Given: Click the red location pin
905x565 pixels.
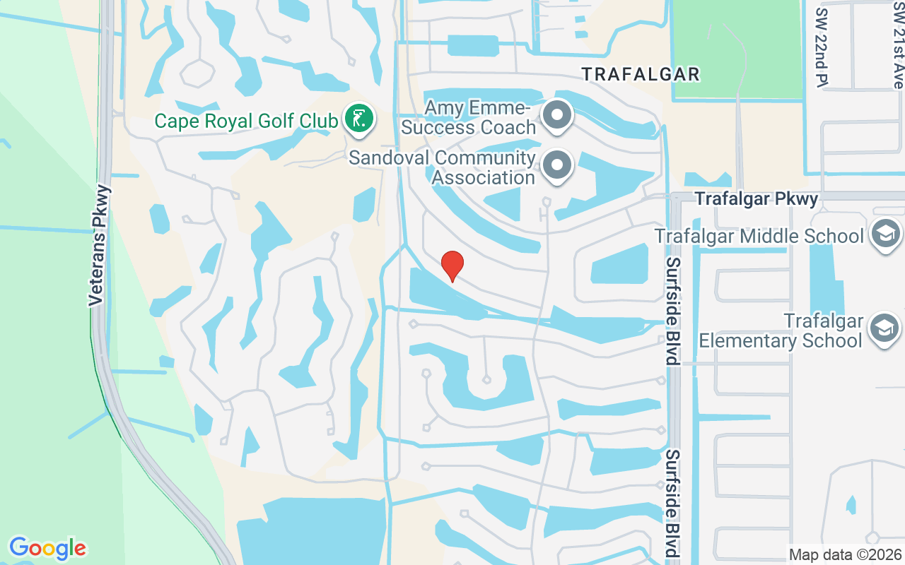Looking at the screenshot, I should [452, 265].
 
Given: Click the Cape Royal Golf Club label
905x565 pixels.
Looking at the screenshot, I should [246, 121].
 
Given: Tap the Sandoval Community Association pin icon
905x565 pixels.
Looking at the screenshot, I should [557, 166].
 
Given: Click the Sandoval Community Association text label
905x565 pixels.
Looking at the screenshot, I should [442, 167].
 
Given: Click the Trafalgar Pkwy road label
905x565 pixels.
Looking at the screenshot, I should [757, 199].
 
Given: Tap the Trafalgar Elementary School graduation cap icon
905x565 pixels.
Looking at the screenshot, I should [884, 328].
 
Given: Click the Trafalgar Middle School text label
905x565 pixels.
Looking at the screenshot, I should [759, 236].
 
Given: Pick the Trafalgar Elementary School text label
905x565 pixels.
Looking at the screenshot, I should [781, 331].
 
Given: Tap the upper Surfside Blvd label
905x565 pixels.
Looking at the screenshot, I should [672, 311].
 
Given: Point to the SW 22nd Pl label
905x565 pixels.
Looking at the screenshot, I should [822, 48].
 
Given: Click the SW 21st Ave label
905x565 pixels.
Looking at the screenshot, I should [898, 44].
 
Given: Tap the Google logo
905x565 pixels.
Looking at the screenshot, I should [47, 548].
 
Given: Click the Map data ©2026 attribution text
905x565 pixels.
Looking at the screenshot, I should [845, 554].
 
